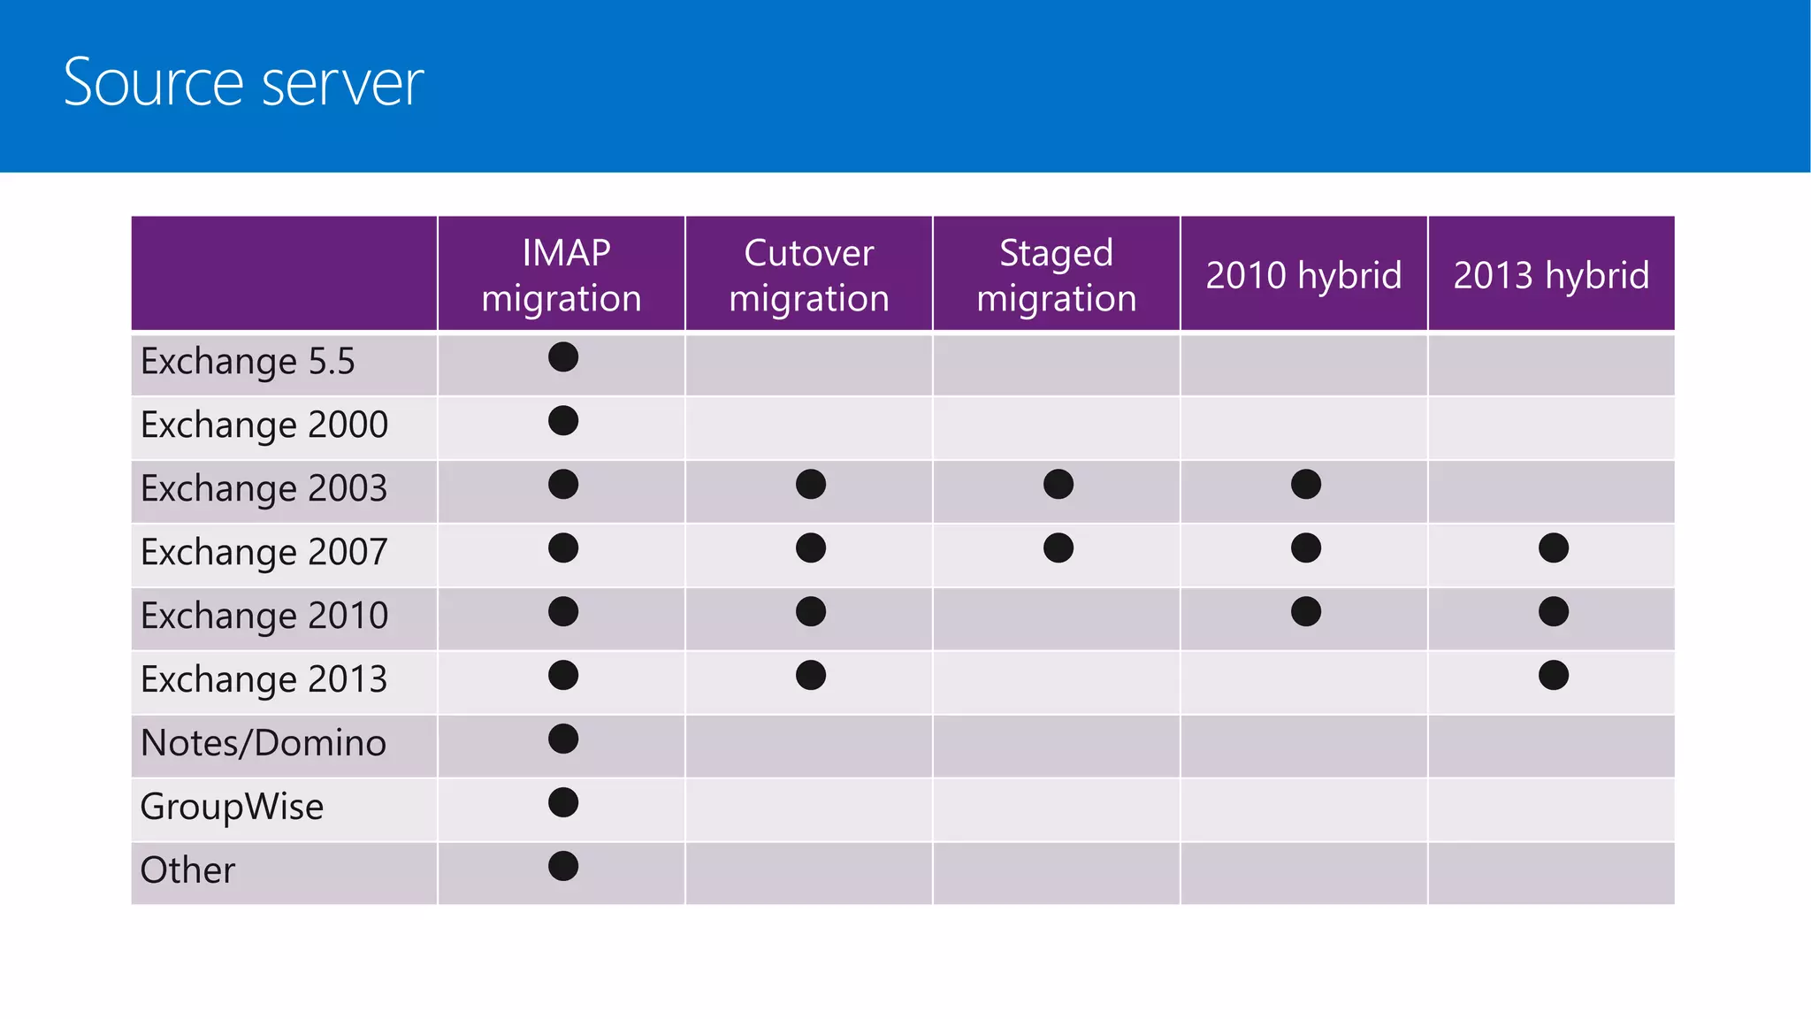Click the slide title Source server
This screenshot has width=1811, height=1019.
(x=243, y=82)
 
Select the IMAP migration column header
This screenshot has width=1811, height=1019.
(x=562, y=275)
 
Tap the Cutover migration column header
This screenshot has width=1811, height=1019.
(x=809, y=275)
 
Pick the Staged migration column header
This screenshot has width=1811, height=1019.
(x=1057, y=275)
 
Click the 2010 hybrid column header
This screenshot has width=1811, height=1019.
(x=1303, y=275)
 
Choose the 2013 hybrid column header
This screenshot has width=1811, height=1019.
(x=1551, y=275)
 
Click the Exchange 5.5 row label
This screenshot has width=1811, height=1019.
(x=248, y=362)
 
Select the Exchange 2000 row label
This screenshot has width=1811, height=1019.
(x=264, y=425)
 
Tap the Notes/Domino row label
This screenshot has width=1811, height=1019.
(x=264, y=743)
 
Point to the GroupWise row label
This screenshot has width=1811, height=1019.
(x=232, y=807)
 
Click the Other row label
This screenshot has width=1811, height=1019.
(x=187, y=870)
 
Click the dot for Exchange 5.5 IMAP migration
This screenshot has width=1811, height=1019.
(x=563, y=357)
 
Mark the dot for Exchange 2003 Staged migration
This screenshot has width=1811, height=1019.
(x=1058, y=485)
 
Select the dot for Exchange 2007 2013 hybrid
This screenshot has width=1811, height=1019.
(x=1554, y=548)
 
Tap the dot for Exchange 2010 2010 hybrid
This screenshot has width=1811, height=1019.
(x=1306, y=612)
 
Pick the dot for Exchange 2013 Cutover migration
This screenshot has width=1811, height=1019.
(x=811, y=676)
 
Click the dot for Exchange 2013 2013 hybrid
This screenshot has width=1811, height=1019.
(x=1554, y=676)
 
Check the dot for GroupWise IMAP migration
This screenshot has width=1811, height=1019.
(x=563, y=803)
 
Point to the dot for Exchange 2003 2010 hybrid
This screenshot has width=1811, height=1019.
(x=1306, y=485)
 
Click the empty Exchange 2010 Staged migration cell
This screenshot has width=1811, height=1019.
(x=1057, y=619)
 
